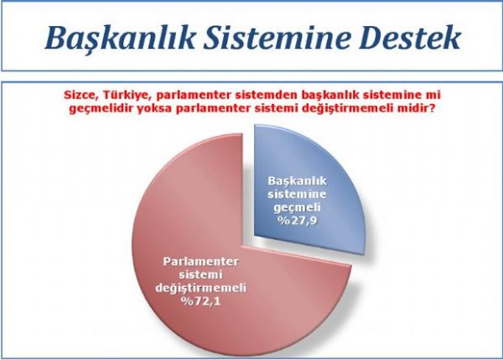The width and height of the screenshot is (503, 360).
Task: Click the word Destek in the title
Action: tap(410, 38)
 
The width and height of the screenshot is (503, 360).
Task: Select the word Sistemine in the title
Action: tap(277, 38)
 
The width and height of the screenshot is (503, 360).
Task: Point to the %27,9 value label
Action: tap(297, 222)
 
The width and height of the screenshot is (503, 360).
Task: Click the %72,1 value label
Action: tap(201, 301)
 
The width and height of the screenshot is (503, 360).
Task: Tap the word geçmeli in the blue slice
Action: tap(297, 208)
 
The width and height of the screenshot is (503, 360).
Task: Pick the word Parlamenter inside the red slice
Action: tap(201, 262)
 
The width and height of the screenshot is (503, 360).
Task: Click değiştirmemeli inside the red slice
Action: tap(201, 288)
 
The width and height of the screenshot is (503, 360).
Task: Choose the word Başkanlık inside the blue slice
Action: tap(297, 181)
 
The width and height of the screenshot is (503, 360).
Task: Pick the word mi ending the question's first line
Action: tap(433, 96)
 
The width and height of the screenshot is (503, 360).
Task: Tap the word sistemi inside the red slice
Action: tap(201, 274)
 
